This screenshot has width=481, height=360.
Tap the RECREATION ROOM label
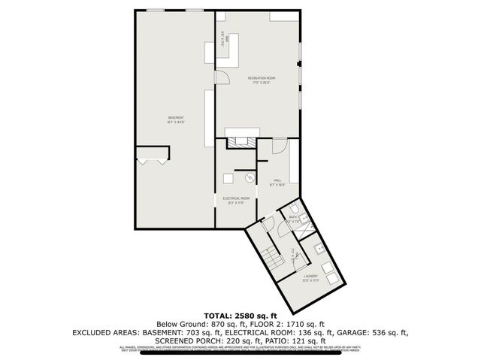(x=262, y=78)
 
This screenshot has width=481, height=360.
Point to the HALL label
(x=277, y=180)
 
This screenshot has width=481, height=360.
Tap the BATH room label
(x=293, y=219)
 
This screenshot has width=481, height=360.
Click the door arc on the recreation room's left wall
(x=222, y=77)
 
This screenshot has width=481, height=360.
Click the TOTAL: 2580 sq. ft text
(x=240, y=314)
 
